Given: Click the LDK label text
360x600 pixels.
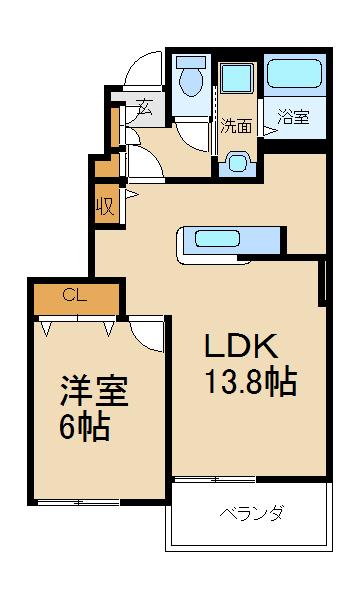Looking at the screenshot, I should point(241,347).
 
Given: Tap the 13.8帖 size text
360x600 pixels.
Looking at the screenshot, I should point(249,381).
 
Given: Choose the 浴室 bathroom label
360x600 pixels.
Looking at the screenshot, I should point(293,117).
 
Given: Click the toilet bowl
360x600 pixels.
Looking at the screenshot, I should point(189,80).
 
